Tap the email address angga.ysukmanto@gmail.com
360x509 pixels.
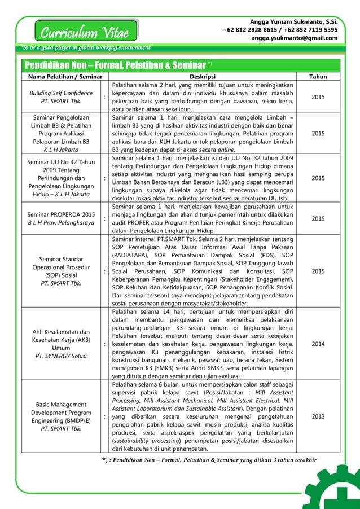tap(294, 38)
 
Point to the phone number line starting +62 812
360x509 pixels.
tap(280, 29)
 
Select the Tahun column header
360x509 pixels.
tap(318, 77)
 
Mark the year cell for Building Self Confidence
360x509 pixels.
tap(318, 97)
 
